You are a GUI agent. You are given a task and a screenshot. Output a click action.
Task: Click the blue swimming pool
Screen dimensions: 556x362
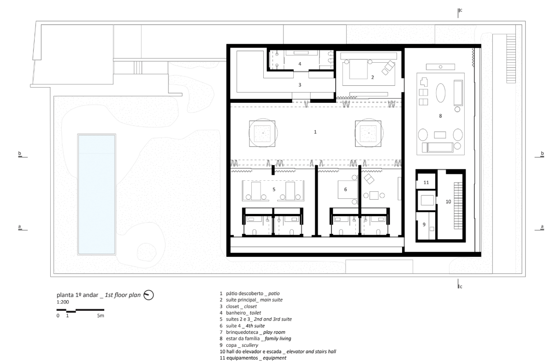[96, 195]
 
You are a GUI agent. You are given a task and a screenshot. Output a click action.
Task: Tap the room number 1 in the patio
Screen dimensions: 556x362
[315, 132]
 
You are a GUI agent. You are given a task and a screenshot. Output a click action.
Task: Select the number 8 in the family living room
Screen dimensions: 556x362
[440, 116]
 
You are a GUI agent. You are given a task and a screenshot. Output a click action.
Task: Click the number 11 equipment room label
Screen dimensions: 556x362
[426, 183]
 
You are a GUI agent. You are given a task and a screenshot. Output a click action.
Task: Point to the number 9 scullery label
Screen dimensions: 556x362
[424, 225]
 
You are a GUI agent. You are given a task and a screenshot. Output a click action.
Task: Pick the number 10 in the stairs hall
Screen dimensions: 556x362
[448, 202]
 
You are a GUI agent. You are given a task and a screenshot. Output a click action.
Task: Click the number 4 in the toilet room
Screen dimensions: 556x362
[300, 64]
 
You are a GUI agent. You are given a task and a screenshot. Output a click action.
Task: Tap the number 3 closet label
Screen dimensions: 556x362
[300, 85]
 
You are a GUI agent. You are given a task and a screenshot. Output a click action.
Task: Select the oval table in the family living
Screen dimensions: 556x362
[441, 93]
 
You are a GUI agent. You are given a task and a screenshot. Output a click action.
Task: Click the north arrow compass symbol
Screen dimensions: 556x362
[148, 295]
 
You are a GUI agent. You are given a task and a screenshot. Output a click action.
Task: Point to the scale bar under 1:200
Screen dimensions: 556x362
[80, 310]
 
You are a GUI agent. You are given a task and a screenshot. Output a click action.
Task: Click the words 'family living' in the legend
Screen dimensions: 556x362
[278, 338]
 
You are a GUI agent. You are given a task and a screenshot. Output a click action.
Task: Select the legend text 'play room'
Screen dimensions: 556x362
[274, 332]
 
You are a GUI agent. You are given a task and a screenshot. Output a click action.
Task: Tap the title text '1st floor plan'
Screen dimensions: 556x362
[123, 295]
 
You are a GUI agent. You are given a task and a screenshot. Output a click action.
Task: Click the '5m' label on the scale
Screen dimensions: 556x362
[101, 315]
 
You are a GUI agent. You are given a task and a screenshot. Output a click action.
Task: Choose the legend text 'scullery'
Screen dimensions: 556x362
[250, 345]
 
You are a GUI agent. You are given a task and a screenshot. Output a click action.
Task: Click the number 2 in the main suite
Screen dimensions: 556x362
[373, 77]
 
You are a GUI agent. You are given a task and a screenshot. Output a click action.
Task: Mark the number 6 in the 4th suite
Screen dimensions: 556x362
[345, 190]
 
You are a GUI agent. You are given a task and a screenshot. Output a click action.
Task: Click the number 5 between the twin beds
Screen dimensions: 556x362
[274, 190]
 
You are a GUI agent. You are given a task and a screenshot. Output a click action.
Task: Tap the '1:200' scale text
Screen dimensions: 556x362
[63, 302]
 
